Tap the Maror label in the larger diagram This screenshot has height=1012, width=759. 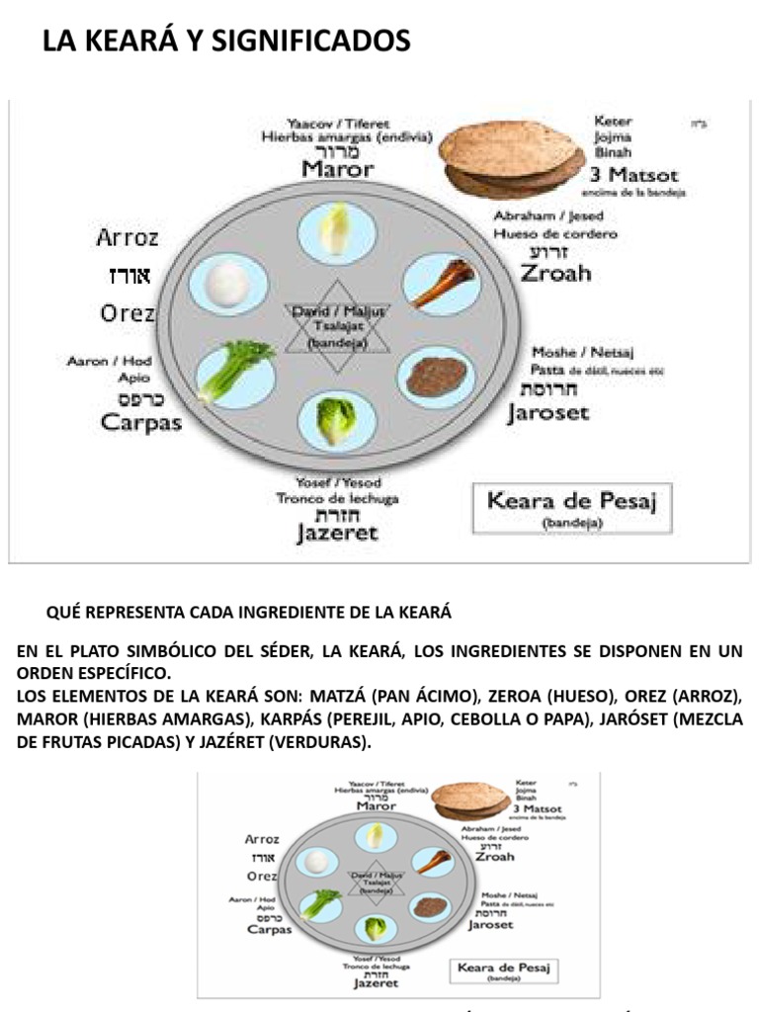(338, 169)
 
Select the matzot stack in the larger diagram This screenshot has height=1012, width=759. (509, 158)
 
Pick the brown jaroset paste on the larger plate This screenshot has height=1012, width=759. (435, 376)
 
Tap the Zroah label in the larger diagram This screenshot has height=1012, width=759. (555, 273)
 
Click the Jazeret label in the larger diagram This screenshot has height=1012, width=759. (337, 534)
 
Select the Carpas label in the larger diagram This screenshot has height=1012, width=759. (141, 422)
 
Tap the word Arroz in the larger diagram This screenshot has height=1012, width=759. (127, 237)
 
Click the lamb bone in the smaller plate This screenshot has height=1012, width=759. (430, 860)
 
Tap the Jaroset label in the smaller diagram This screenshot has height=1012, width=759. (491, 925)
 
